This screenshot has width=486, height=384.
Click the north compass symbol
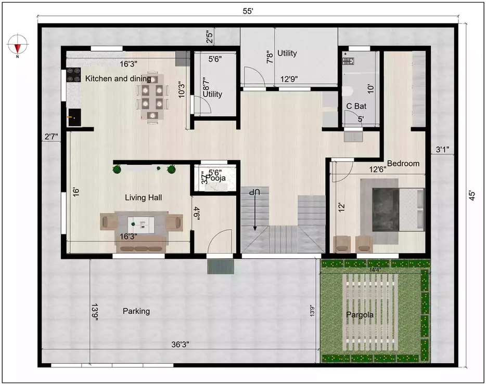coord(18,45)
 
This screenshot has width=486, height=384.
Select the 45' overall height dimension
coord(472,196)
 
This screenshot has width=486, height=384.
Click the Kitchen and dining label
coord(118,79)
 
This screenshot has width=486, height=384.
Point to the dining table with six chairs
coord(152,97)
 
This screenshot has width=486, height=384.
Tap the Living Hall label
coord(143,197)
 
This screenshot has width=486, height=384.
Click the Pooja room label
coord(214,179)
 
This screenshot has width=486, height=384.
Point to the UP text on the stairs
coord(254,192)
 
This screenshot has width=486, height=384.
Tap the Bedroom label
coord(403,163)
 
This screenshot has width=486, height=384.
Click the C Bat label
coord(356,106)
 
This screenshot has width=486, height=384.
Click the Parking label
coord(136,311)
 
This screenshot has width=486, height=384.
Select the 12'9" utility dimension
coord(289,80)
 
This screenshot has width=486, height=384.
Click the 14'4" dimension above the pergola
coord(375,269)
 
